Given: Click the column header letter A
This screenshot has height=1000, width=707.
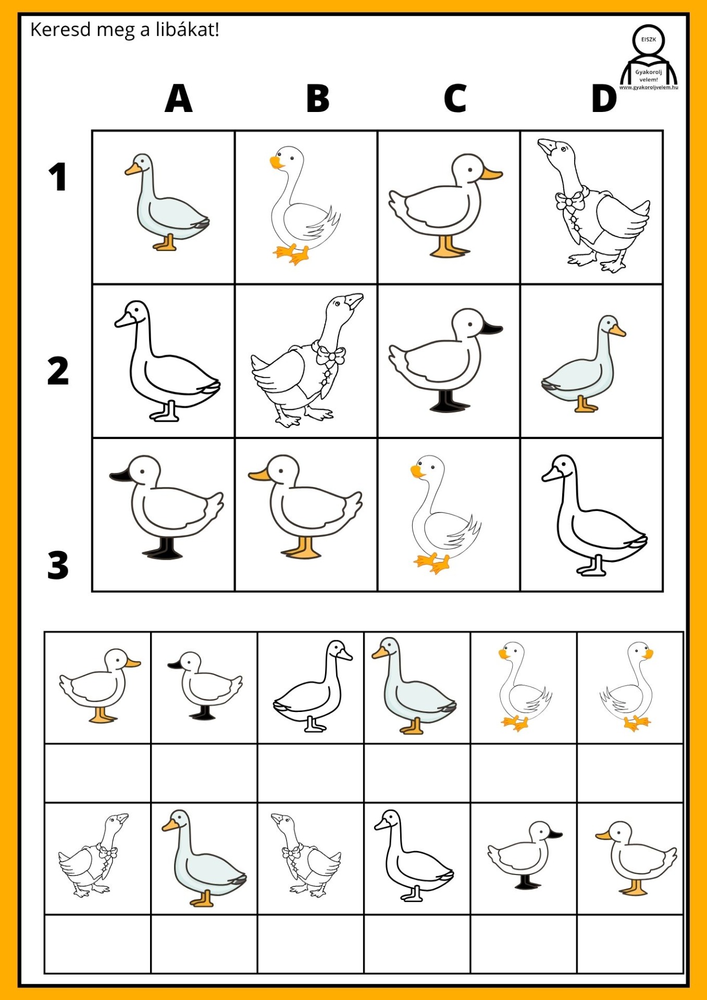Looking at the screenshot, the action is point(179,98).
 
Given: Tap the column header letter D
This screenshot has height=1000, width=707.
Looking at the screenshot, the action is point(604,98).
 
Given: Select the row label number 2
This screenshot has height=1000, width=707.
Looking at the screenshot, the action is point(58,371).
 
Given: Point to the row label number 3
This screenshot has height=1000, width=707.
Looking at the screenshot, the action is point(58,565).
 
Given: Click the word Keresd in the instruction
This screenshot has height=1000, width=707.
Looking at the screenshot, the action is point(61,30).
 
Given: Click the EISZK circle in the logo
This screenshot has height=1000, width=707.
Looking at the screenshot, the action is point(649,40).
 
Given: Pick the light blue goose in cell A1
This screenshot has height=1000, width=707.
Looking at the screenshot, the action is point(166,202).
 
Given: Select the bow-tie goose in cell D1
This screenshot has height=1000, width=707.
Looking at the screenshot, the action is point(593,206).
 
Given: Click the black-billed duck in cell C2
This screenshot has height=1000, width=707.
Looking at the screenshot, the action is point(445,360).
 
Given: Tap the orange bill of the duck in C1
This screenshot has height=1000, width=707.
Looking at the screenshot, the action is point(490,173).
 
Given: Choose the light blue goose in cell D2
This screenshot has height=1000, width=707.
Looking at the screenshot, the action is point(584,364).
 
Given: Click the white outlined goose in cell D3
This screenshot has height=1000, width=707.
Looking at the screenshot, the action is point(594,515).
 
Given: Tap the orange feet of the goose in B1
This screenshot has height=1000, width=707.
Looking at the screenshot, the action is point(291,254).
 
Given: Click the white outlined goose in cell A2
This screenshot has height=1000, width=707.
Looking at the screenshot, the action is point(167,360).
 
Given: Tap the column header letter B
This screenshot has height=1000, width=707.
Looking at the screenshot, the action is point(318,98).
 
